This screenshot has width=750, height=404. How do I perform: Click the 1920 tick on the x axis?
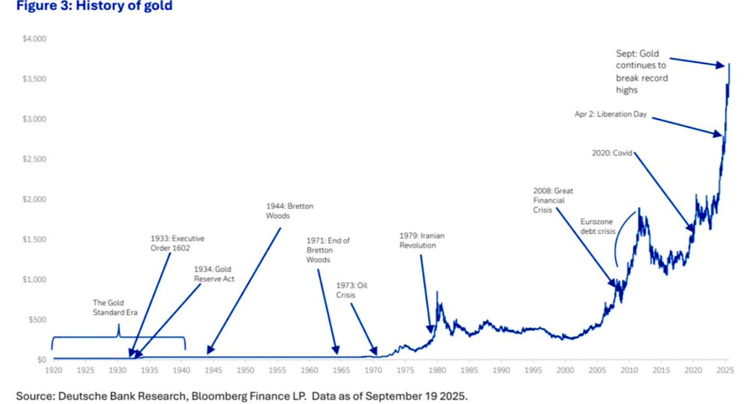[53, 370]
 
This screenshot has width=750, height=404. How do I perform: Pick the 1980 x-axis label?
[437, 370]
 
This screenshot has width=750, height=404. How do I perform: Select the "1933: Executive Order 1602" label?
[177, 243]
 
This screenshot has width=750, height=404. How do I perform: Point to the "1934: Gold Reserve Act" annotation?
[213, 274]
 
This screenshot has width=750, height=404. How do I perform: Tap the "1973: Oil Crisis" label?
[351, 290]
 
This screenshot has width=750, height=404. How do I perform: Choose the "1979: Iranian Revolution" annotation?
[421, 241]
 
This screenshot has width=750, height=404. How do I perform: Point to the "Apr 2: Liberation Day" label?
[610, 115]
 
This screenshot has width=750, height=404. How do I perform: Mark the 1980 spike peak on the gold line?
[437, 292]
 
